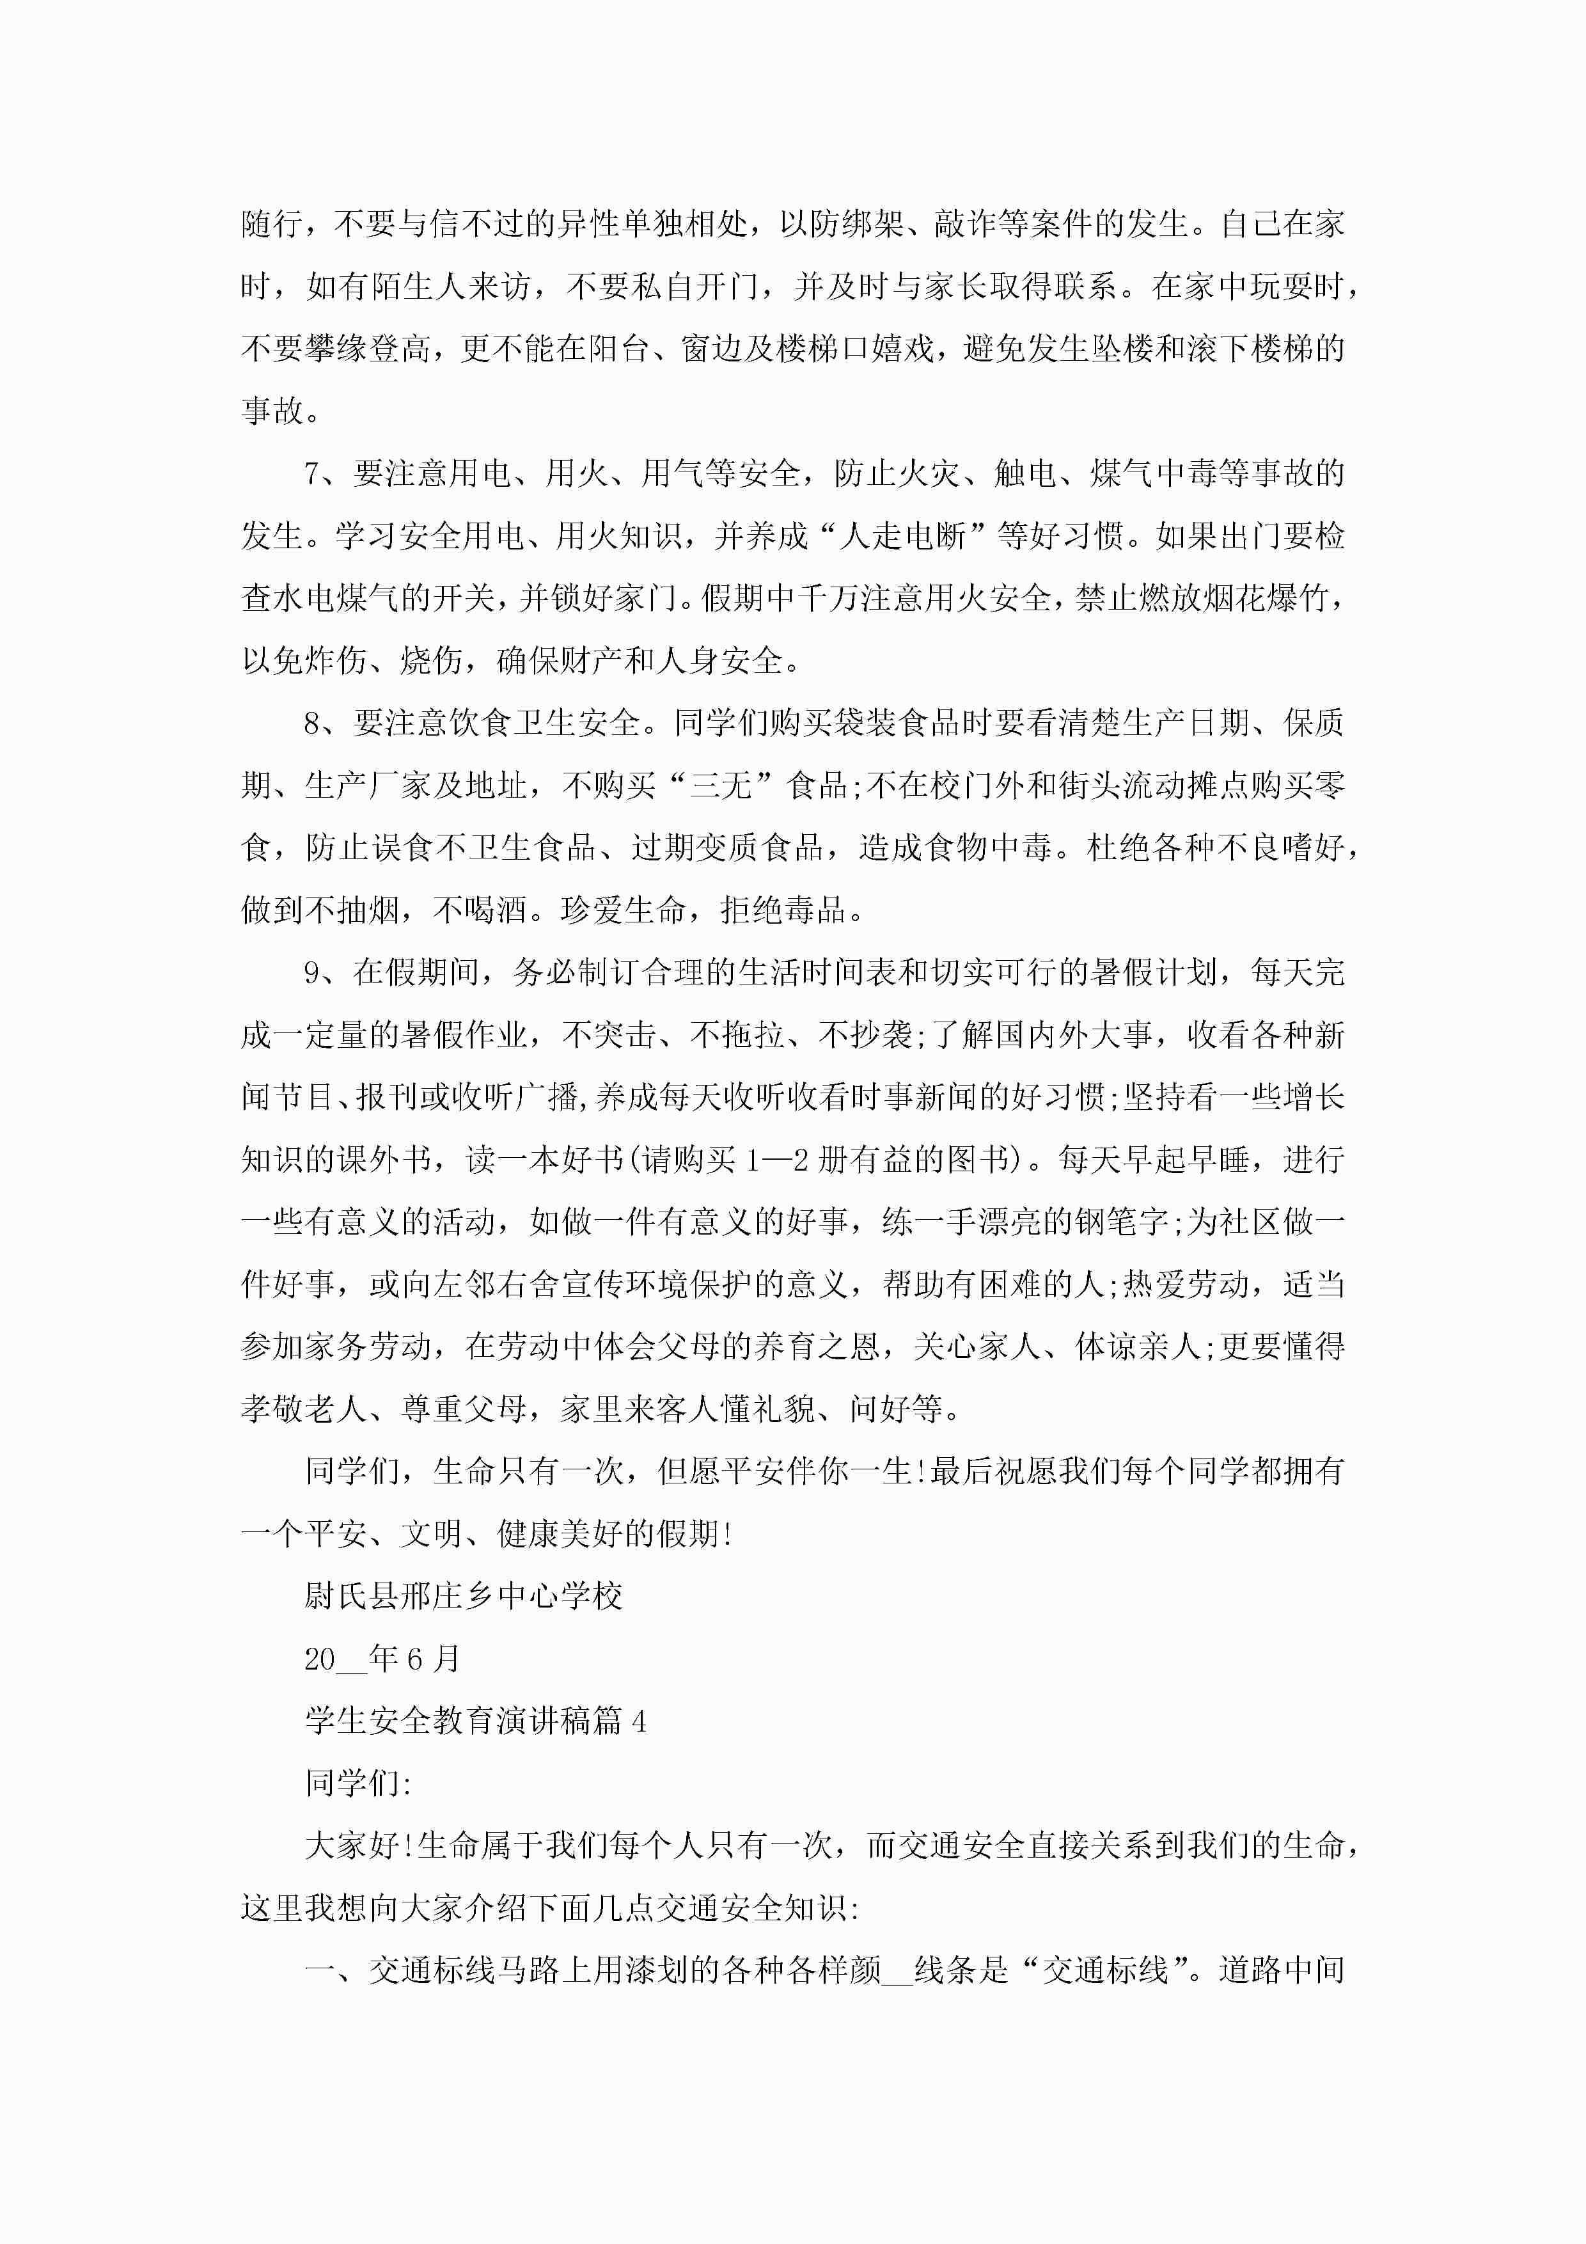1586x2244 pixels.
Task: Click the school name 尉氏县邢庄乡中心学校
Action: point(463,1596)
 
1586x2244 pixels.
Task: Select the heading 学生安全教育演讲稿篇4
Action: point(475,1721)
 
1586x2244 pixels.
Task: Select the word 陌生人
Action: point(418,287)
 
